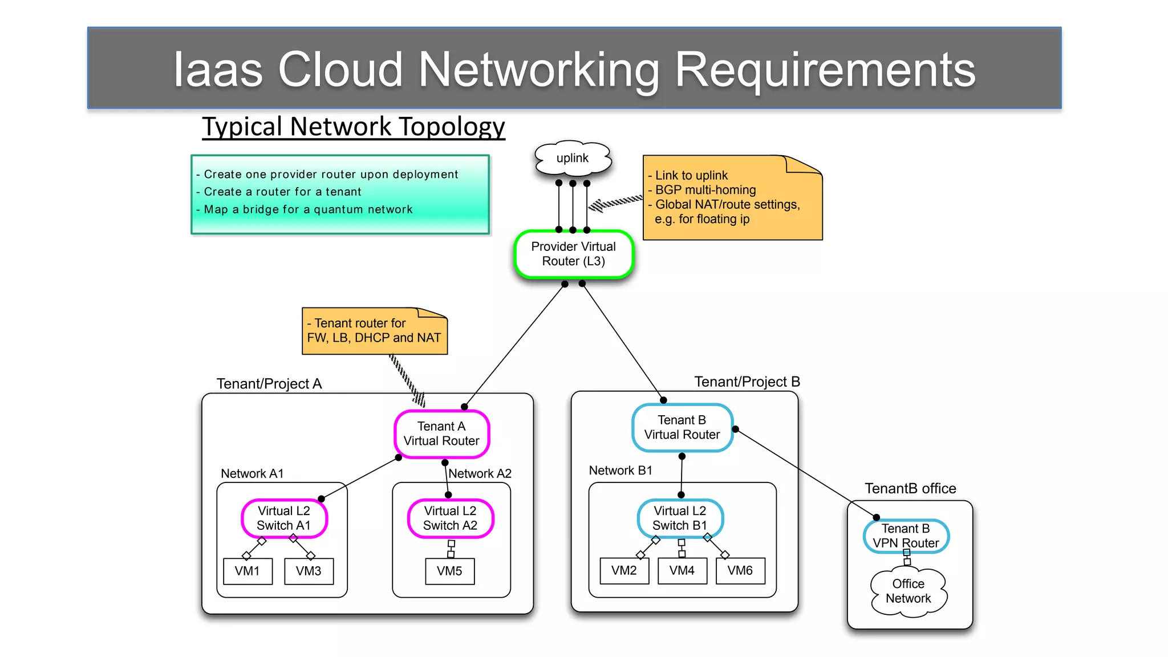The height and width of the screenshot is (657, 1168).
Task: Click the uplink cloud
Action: click(x=573, y=159)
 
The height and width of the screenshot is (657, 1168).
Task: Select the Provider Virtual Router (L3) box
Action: click(x=573, y=254)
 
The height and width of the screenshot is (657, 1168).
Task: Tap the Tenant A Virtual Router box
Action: click(x=441, y=433)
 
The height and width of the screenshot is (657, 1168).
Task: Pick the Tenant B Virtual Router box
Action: click(x=682, y=427)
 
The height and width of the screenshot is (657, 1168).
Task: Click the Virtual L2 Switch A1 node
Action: click(x=283, y=518)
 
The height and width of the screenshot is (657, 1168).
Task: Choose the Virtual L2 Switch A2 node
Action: click(x=450, y=518)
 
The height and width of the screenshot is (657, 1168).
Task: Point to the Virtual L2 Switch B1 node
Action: click(x=680, y=518)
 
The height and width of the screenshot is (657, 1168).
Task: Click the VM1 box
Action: click(x=247, y=571)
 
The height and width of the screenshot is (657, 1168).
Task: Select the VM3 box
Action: click(x=309, y=571)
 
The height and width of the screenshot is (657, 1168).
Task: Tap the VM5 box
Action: click(x=449, y=571)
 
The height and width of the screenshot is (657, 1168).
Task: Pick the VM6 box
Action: click(x=740, y=570)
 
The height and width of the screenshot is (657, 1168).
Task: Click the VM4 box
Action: click(x=682, y=570)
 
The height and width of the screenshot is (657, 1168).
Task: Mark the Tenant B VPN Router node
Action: click(x=906, y=536)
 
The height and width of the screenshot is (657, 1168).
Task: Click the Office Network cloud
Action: click(x=908, y=591)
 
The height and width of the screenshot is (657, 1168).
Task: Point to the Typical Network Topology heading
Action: click(x=354, y=127)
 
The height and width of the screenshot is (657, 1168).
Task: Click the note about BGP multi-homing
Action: click(x=732, y=197)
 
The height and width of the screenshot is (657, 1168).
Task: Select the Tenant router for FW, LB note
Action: click(x=374, y=331)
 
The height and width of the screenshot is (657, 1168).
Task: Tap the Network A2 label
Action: click(x=480, y=473)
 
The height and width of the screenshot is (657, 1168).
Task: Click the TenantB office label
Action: click(x=910, y=488)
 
